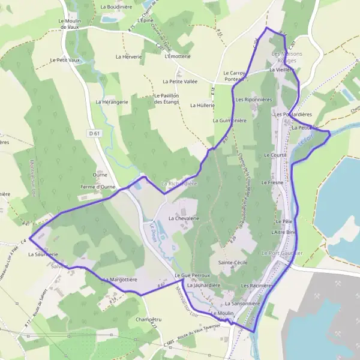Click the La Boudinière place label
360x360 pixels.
116,7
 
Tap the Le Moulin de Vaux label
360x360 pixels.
70,23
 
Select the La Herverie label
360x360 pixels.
128,56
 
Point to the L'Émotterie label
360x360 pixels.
177,56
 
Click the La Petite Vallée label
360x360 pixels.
179,81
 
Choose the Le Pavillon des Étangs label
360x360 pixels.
167,99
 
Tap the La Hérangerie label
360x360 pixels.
112,102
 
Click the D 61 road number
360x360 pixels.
92,133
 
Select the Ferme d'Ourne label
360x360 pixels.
98,187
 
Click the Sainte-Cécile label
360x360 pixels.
233,263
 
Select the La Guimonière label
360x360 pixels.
230,120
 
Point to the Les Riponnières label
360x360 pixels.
254,99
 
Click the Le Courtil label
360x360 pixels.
275,155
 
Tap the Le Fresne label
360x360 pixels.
272,181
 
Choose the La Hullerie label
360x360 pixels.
202,105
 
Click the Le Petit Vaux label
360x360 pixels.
65,60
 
